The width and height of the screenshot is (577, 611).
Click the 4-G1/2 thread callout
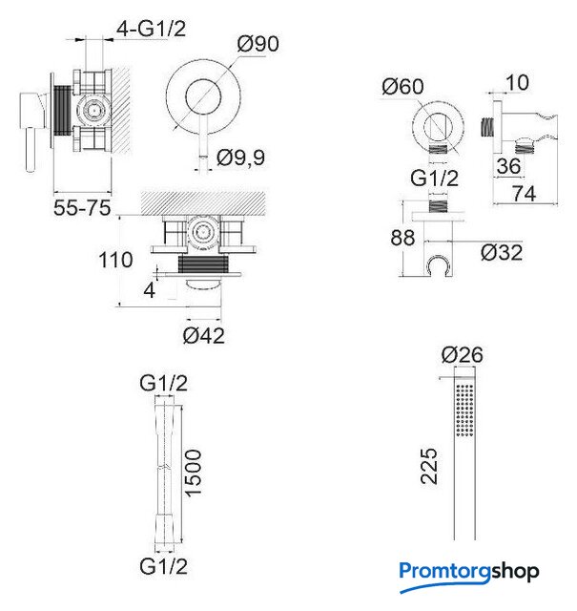152,29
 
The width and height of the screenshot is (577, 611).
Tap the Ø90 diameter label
258,43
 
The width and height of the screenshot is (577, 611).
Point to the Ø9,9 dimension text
240,158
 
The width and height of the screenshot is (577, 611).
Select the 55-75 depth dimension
82,208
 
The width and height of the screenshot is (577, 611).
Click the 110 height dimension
115,260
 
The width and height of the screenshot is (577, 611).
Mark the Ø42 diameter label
204,335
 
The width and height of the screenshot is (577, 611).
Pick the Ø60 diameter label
402,86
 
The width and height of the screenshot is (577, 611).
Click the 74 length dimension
524,193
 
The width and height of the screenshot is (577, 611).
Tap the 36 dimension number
508,166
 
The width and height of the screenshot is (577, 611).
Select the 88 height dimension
402,238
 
